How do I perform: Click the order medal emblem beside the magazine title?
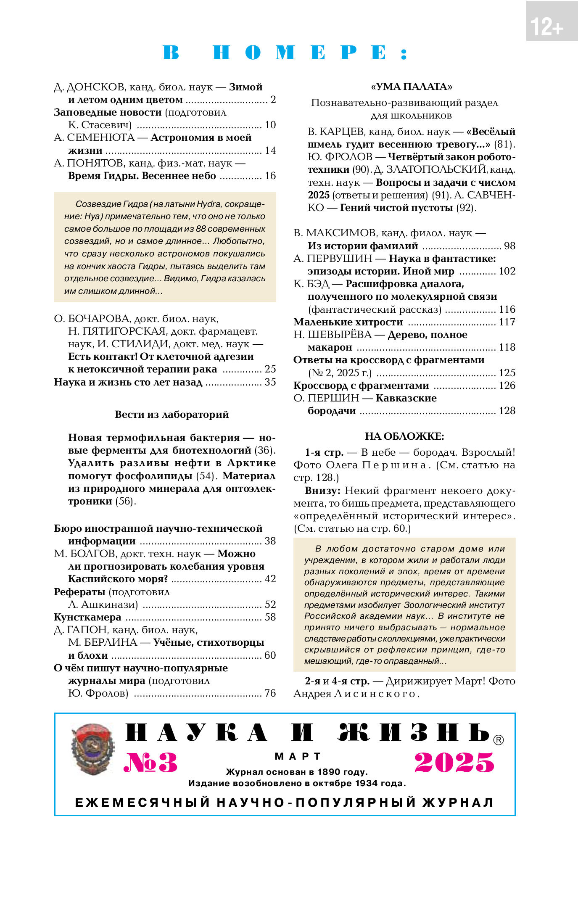tap(92, 749)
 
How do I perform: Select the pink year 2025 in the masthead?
tap(454, 763)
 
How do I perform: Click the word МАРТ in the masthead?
tap(298, 756)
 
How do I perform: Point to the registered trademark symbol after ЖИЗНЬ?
tap(498, 740)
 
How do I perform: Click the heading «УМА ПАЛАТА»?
tap(411, 87)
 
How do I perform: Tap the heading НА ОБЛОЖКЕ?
tap(404, 436)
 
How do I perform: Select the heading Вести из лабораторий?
tap(172, 415)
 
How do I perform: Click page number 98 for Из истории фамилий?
tap(509, 246)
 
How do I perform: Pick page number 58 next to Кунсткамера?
tap(270, 617)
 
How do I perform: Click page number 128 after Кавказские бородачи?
tap(507, 411)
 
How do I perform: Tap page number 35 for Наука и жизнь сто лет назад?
tap(270, 382)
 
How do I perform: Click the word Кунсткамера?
tap(87, 617)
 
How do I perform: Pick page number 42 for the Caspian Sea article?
tap(270, 579)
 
